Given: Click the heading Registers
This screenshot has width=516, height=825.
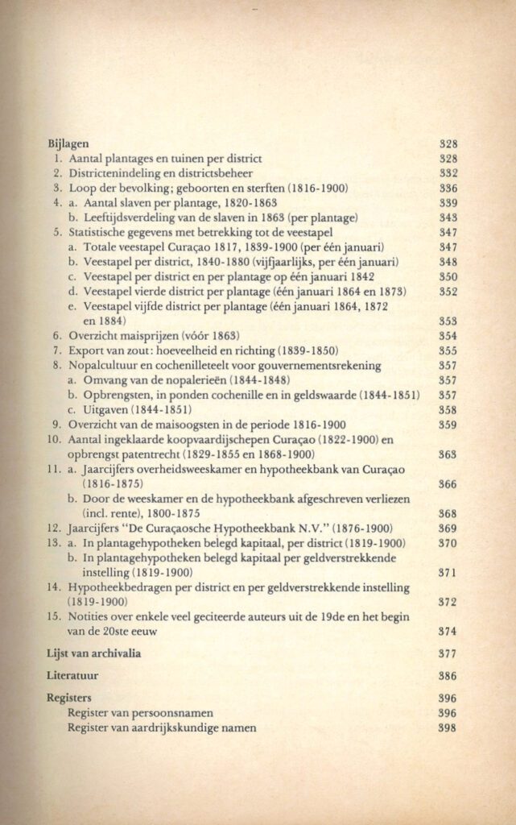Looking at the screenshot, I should (x=69, y=698).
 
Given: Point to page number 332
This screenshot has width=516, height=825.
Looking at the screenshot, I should (x=448, y=173).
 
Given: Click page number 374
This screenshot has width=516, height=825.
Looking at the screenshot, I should (x=448, y=632).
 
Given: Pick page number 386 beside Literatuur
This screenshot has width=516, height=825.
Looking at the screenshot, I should (x=448, y=676).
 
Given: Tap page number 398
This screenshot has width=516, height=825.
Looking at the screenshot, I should (x=448, y=728).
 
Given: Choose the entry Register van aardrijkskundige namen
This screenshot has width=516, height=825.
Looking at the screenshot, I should (x=164, y=728).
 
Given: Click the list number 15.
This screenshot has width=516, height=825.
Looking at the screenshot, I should (x=54, y=616).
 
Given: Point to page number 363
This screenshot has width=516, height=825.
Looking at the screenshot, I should (x=448, y=454).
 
